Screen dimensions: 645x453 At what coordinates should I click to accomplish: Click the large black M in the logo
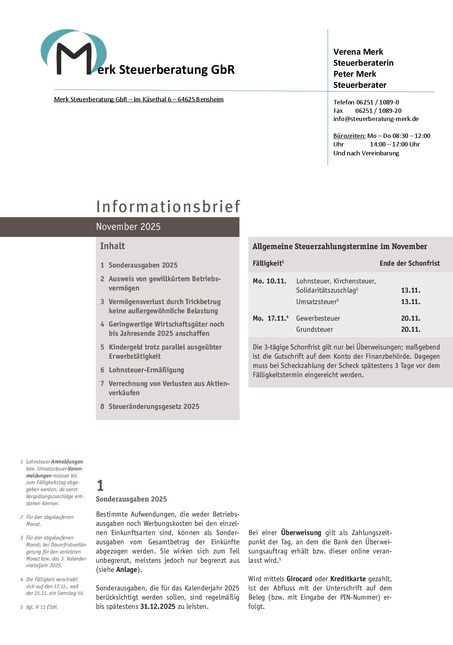pos(74,59)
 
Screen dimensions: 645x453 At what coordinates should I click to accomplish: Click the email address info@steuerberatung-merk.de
pos(376,119)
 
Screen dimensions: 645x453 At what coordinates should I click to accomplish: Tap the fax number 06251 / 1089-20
pos(378,111)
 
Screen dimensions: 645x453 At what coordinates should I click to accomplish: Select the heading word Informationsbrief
pos(168,207)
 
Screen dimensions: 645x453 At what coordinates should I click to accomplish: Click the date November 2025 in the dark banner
pos(128,227)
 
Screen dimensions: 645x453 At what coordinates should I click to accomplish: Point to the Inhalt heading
pos(113,246)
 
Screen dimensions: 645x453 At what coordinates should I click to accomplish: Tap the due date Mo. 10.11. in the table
pos(269,281)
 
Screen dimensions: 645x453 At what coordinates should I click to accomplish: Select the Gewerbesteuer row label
pos(318,318)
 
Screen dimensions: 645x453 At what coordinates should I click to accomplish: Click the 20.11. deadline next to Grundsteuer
pos(411,330)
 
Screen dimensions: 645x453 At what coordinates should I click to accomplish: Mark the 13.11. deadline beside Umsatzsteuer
pos(411,302)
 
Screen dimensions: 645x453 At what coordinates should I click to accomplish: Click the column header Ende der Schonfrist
pos(409,263)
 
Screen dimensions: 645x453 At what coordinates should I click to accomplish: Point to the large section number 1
pos(100,485)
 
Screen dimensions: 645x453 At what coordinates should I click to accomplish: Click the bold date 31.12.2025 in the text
pos(158,607)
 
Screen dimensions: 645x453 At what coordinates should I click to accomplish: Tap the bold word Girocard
pos(299,579)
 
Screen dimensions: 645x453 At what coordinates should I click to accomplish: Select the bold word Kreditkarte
pos(348,579)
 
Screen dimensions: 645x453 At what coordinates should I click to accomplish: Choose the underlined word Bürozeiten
pos(349,136)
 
